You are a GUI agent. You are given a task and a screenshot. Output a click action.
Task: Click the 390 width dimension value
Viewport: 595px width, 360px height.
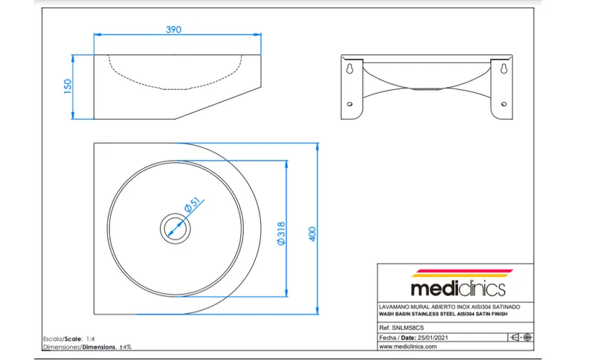pos(173,29)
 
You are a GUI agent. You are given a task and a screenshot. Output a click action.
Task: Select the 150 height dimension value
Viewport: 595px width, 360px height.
pos(68,86)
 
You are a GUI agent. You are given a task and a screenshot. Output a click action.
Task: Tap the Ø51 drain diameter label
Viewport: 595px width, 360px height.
pos(192,205)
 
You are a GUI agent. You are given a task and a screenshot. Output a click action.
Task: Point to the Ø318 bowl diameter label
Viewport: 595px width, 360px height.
pos(281,234)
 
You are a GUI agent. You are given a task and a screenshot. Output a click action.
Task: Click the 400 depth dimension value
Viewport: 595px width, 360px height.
pos(312,234)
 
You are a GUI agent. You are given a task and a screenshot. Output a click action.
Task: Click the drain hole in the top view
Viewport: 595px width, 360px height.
pos(176,228)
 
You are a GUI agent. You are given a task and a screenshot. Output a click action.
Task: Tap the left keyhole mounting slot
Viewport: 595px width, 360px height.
pos(350,68)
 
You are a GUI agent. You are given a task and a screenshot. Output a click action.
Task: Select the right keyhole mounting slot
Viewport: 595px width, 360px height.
pos(504,68)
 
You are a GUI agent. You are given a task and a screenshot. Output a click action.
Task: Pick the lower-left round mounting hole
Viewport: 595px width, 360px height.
pos(350,104)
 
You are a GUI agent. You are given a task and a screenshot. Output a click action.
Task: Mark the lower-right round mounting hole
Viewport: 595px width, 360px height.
pos(504,104)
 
